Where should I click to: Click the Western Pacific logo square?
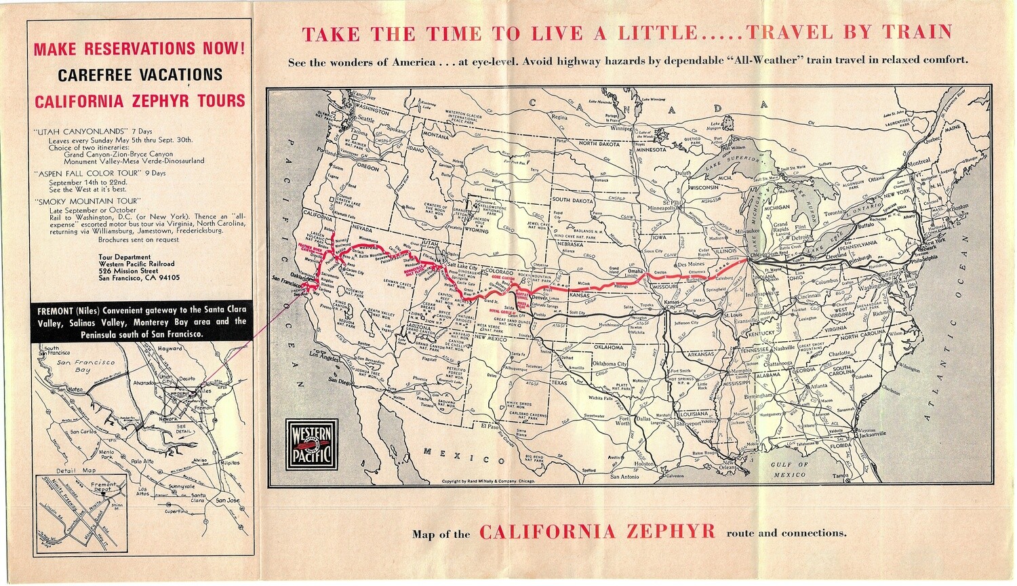(x=311, y=446)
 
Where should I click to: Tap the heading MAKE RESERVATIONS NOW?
(x=139, y=49)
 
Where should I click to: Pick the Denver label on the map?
(x=540, y=298)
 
